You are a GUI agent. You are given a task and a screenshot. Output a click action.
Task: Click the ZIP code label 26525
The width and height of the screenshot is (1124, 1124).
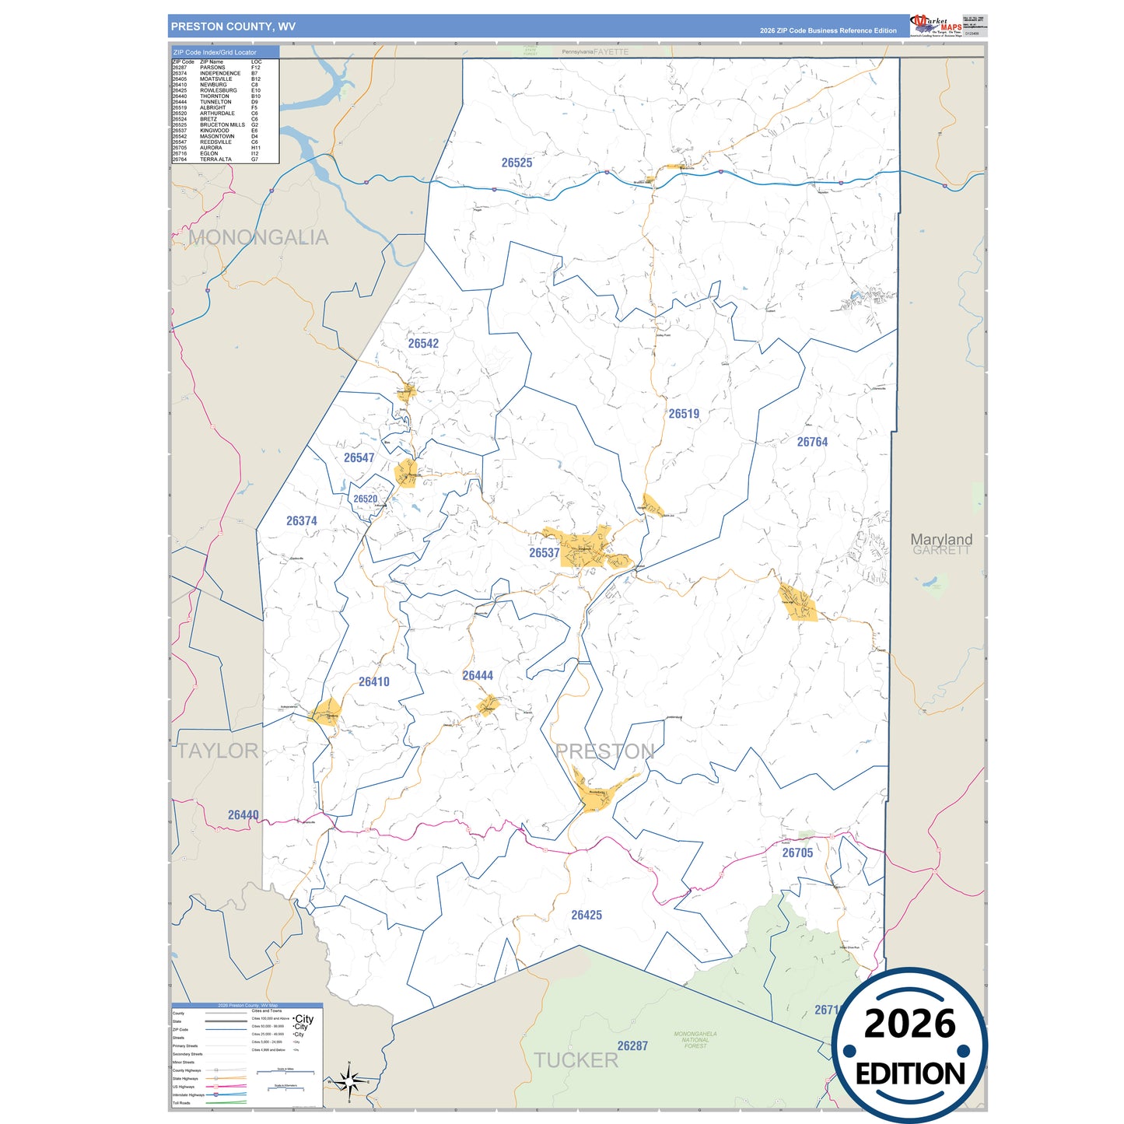pyautogui.click(x=516, y=163)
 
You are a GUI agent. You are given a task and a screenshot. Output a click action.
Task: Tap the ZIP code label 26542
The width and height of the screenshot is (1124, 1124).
pyautogui.click(x=423, y=343)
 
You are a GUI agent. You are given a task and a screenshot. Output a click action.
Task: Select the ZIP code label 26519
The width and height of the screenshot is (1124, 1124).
pyautogui.click(x=684, y=414)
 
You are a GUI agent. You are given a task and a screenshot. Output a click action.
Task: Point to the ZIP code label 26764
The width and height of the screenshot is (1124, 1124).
pyautogui.click(x=812, y=442)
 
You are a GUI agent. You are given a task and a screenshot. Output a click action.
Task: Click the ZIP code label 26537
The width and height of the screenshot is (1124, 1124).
pyautogui.click(x=544, y=553)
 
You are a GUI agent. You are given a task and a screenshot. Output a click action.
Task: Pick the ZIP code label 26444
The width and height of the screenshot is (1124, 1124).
pyautogui.click(x=478, y=676)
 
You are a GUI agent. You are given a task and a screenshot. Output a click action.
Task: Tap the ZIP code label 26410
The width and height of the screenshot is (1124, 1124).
pyautogui.click(x=374, y=682)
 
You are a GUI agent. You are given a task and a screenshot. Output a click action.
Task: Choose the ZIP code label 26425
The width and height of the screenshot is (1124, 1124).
pyautogui.click(x=587, y=916)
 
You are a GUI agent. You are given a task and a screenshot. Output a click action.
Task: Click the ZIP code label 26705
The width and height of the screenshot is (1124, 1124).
pyautogui.click(x=797, y=853)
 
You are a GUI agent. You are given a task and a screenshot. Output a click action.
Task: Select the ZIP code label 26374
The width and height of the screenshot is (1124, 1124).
pyautogui.click(x=301, y=521)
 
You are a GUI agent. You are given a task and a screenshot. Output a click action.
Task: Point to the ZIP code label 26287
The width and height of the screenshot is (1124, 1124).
pyautogui.click(x=632, y=1046)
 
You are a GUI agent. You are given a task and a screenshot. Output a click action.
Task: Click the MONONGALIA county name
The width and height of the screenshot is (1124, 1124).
pyautogui.click(x=258, y=237)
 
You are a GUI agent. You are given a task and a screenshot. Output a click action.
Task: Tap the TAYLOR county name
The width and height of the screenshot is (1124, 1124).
pyautogui.click(x=218, y=751)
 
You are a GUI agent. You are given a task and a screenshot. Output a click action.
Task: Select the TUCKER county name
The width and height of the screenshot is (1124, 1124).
pyautogui.click(x=576, y=1060)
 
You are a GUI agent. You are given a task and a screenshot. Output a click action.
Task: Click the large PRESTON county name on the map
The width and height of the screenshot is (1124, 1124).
pyautogui.click(x=605, y=751)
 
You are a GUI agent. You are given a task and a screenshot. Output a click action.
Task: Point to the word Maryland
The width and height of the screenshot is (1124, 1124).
pyautogui.click(x=941, y=539)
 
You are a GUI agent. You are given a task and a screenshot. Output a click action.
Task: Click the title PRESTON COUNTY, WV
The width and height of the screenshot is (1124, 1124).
pyautogui.click(x=233, y=26)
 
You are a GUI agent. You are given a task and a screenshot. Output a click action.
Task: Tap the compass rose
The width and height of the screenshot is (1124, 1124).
pyautogui.click(x=349, y=1081)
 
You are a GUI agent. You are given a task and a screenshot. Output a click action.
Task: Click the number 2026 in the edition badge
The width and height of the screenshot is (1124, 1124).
pyautogui.click(x=909, y=1024)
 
